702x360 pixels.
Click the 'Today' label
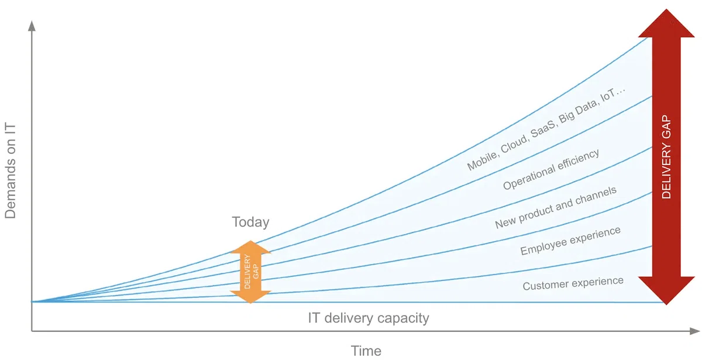tap(250, 222)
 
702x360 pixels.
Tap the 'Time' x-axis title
tap(366, 351)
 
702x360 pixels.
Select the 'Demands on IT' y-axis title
tap(10, 171)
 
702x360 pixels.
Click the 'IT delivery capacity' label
tap(369, 318)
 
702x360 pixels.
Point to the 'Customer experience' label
tap(573, 283)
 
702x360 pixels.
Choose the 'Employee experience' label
tap(570, 241)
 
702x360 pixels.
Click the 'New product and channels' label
tap(556, 207)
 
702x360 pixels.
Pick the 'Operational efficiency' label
tap(551, 169)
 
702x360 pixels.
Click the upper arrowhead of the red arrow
tap(666, 23)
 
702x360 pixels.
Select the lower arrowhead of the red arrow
tap(666, 290)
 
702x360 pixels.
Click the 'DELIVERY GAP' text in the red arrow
tap(666, 157)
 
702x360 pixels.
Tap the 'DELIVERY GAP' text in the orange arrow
tap(251, 272)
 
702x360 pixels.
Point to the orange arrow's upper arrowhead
tap(251, 247)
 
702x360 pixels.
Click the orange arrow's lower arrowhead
tap(251, 297)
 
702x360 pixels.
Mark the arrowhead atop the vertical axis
tap(32, 26)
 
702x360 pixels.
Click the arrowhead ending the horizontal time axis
tap(694, 331)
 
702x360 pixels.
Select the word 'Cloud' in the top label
tap(515, 143)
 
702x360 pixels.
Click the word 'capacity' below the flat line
tap(403, 318)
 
